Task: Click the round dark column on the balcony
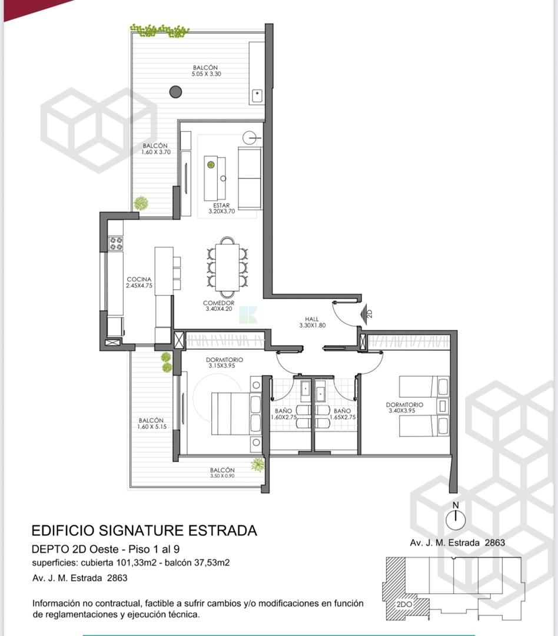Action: (x=175, y=92)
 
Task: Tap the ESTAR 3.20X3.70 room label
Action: (x=221, y=208)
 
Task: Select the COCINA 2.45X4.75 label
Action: (x=139, y=282)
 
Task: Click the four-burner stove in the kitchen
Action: (x=115, y=243)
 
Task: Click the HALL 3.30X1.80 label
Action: (x=312, y=322)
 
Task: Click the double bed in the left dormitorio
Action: (x=236, y=413)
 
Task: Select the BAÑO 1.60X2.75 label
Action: (x=284, y=414)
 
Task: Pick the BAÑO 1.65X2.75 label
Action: (x=343, y=414)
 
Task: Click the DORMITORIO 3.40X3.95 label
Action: (x=404, y=408)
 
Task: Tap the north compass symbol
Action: (x=456, y=519)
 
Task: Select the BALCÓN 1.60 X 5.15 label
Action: (x=152, y=423)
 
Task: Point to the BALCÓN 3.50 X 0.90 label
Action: (x=222, y=472)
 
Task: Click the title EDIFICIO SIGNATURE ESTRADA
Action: (x=144, y=531)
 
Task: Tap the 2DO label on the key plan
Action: (x=404, y=604)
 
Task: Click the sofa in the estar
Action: (x=250, y=178)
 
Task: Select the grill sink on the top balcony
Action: (x=257, y=96)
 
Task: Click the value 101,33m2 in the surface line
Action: (x=136, y=562)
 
